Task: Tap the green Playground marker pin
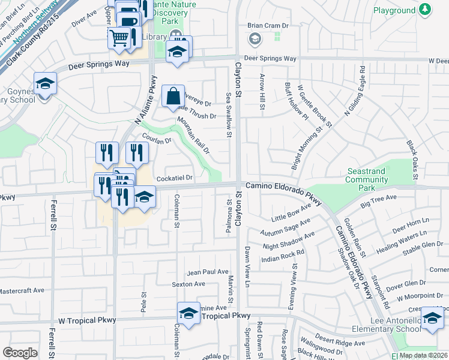426,10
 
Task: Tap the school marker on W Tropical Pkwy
188,313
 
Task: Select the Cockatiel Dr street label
174,178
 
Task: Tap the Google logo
20,353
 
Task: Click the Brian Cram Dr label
268,26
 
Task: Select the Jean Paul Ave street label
208,272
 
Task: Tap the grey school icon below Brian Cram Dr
255,39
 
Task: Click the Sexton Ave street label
188,284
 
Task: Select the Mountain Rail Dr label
193,135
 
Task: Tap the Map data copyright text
424,355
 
